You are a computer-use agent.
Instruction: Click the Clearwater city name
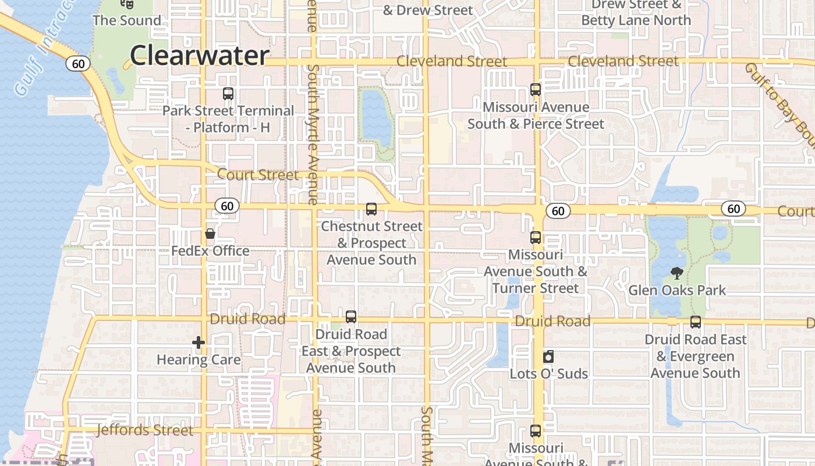[199, 55]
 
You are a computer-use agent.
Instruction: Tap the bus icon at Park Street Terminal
[228, 93]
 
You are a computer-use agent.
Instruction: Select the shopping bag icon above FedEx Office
[210, 234]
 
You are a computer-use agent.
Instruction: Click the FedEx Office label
[210, 251]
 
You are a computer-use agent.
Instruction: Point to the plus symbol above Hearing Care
[199, 343]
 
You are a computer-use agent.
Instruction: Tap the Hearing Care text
[199, 359]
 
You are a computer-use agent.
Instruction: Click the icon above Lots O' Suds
[548, 356]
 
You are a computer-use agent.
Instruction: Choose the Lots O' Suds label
[549, 373]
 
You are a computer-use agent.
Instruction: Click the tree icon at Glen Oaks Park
[676, 273]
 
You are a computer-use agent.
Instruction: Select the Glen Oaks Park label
[677, 290]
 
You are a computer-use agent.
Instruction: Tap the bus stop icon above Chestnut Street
[371, 209]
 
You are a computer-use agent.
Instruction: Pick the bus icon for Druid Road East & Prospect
[351, 317]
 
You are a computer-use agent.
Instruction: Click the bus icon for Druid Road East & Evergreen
[695, 322]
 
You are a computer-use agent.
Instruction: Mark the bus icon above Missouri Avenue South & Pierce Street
[536, 90]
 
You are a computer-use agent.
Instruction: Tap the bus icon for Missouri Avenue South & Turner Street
[536, 238]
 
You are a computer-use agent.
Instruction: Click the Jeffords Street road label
[144, 430]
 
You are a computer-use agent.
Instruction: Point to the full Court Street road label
[258, 174]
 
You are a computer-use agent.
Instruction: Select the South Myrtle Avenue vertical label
[313, 134]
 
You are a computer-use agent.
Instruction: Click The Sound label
[127, 20]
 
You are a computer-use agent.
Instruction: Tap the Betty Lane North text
[636, 20]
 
